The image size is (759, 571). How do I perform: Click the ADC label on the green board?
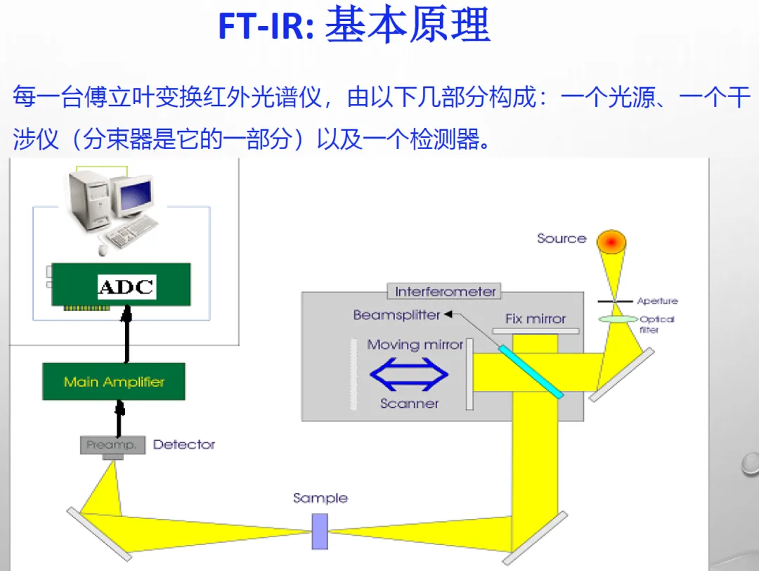tap(126, 287)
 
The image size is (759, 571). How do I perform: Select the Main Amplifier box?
tap(114, 382)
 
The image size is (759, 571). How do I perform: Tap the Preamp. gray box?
tap(112, 445)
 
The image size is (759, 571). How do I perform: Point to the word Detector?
tap(184, 444)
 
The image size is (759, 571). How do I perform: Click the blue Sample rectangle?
tap(320, 531)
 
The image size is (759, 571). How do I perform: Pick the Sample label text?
tap(320, 498)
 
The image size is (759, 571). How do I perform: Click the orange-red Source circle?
tap(611, 242)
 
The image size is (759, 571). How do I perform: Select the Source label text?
tap(562, 238)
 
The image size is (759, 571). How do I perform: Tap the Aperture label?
tap(657, 301)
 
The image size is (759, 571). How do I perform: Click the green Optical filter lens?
tap(616, 319)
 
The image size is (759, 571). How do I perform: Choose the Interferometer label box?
tap(446, 291)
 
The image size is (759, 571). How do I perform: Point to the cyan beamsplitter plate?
tap(531, 371)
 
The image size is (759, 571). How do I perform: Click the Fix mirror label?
tap(536, 319)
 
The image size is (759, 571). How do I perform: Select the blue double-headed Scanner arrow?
tap(409, 374)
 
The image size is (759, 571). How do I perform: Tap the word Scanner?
tap(409, 404)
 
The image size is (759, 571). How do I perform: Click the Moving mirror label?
tap(415, 345)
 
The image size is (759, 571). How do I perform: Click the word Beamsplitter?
tap(396, 315)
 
